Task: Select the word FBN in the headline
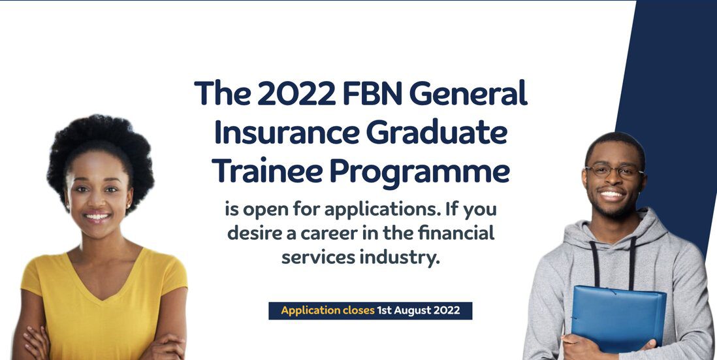(x=372, y=93)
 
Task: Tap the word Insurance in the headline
(x=286, y=132)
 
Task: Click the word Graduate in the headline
(x=437, y=132)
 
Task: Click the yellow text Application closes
(x=328, y=310)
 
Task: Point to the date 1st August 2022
(x=419, y=310)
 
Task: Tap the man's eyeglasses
(x=614, y=172)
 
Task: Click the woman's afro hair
(x=101, y=151)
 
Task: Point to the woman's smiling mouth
(x=97, y=217)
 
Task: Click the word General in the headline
(x=468, y=93)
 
